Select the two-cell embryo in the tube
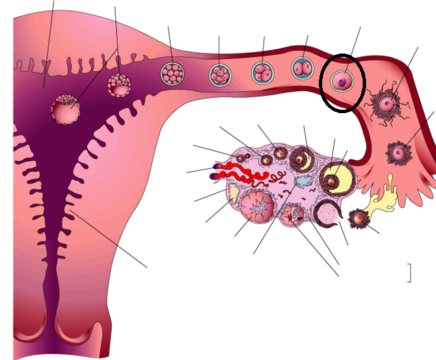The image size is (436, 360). point(301,69)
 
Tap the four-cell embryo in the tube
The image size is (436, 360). point(262,73)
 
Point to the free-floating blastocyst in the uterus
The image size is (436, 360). point(118,84)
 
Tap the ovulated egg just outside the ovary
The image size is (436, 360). point(358,219)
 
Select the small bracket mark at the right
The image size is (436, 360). point(409,273)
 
